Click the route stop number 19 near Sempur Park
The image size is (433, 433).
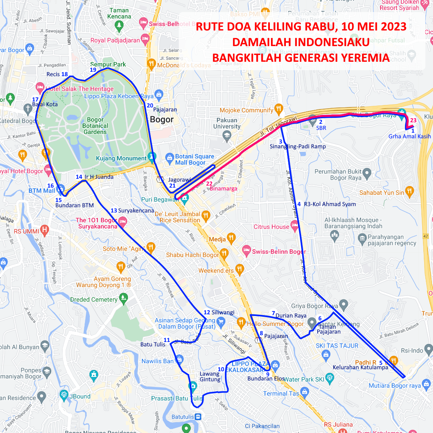click(x=93, y=70)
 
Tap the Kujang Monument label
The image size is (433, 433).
click(x=121, y=158)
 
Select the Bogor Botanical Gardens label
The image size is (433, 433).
click(x=95, y=125)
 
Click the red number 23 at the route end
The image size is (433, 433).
click(x=413, y=120)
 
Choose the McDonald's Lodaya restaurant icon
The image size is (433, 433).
click(x=151, y=63)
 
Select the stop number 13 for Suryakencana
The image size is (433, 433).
click(x=114, y=210)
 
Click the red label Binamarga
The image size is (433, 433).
click(x=224, y=188)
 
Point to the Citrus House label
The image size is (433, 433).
click(x=271, y=227)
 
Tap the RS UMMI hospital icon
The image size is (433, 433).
click(x=45, y=231)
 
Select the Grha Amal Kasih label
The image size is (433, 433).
click(x=409, y=136)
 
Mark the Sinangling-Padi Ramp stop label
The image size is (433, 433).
click(x=297, y=146)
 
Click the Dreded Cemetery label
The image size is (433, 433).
click(x=94, y=299)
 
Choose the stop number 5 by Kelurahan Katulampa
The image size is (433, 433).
click(x=380, y=363)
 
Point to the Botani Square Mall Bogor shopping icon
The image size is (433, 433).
click(x=169, y=157)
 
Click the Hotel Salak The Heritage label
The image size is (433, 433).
click(x=79, y=89)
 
